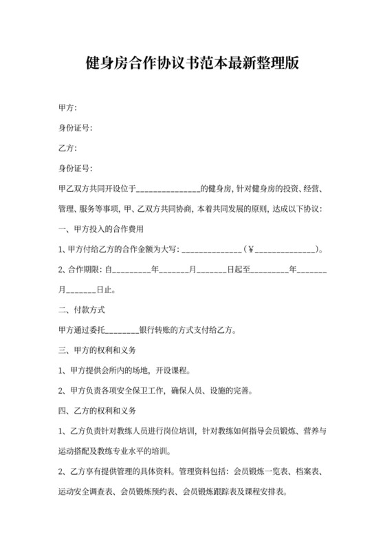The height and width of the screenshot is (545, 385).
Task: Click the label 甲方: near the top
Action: (x=67, y=108)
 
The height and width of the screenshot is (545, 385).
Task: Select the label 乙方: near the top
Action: (x=67, y=148)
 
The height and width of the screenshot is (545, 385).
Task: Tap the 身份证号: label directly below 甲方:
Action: (x=76, y=128)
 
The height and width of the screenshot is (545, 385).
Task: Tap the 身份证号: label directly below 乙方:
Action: (x=76, y=168)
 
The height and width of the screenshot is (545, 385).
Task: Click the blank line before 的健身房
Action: (x=168, y=189)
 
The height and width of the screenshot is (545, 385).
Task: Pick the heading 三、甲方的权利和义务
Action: (x=97, y=350)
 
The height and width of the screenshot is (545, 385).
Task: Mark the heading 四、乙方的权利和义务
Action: (x=97, y=412)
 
